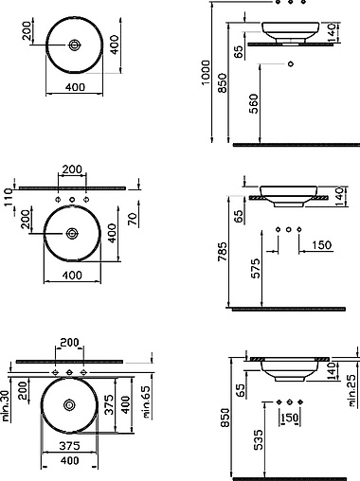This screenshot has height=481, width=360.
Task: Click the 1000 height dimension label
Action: (x=206, y=73)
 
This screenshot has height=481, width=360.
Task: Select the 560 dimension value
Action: (x=254, y=103)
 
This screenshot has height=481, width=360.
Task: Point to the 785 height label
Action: (x=223, y=252)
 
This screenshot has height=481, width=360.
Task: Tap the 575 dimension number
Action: (x=257, y=269)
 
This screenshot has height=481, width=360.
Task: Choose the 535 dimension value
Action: (x=258, y=439)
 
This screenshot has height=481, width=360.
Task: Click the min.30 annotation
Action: (x=6, y=406)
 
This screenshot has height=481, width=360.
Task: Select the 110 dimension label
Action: (x=8, y=197)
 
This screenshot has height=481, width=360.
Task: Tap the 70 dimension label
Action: (x=133, y=219)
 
